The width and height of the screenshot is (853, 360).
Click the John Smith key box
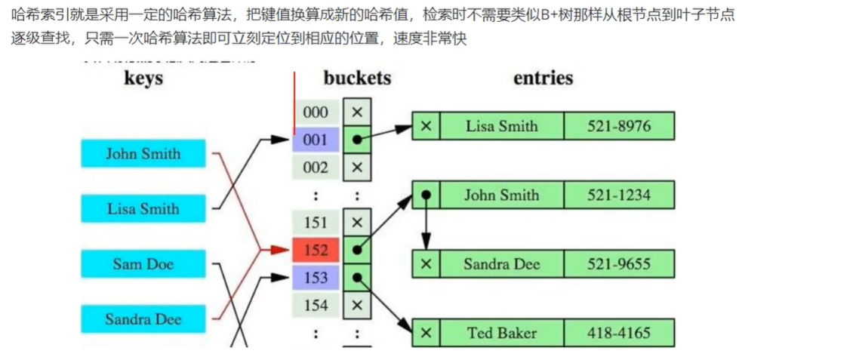(143, 154)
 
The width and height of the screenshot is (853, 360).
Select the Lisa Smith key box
(143, 209)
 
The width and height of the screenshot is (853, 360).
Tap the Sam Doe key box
(143, 264)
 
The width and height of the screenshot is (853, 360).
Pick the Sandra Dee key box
(143, 319)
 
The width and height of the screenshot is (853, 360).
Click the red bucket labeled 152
(316, 250)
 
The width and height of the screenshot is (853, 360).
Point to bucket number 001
(316, 140)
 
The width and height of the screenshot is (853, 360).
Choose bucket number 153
(316, 278)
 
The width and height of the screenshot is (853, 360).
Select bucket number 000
(316, 112)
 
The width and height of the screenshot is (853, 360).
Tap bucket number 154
(316, 306)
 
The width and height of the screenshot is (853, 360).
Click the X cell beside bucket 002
(357, 167)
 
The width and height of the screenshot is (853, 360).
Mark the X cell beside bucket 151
(357, 223)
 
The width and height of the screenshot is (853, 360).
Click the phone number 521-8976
(618, 126)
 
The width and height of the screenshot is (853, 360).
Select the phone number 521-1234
(618, 195)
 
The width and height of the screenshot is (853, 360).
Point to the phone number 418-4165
(618, 333)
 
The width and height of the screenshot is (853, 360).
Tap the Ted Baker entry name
(501, 333)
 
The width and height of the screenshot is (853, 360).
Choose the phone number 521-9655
(618, 264)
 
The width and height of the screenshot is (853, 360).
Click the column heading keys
(143, 78)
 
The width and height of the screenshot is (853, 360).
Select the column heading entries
(543, 78)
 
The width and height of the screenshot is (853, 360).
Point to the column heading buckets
(358, 78)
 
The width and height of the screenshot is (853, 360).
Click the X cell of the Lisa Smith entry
(426, 126)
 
